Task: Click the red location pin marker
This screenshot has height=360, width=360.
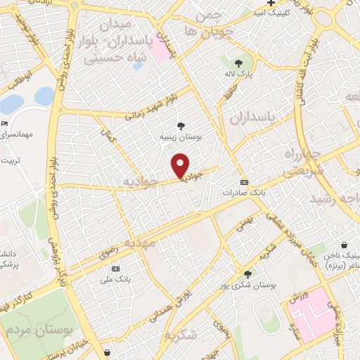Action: pyautogui.click(x=181, y=165)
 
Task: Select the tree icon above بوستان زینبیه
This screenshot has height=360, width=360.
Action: pyautogui.click(x=181, y=126)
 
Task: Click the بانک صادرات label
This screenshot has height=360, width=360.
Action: pyautogui.click(x=243, y=191)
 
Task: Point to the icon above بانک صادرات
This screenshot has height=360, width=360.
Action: pyautogui.click(x=243, y=181)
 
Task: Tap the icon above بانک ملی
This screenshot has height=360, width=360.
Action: pyautogui.click(x=115, y=269)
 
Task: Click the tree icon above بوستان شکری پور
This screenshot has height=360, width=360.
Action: pyautogui.click(x=247, y=274)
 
